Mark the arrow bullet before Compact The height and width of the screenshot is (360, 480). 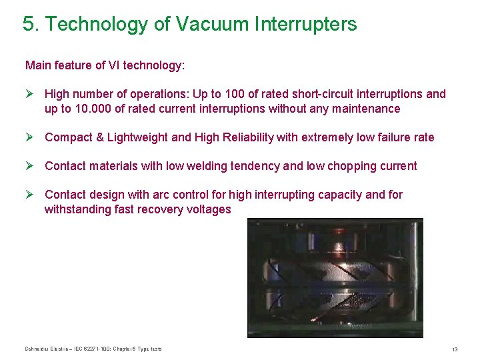29,137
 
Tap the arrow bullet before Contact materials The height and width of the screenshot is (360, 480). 29,166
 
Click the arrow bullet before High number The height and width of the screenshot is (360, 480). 29,94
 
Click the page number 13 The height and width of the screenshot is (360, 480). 454,349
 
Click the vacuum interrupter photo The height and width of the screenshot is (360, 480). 335,277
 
